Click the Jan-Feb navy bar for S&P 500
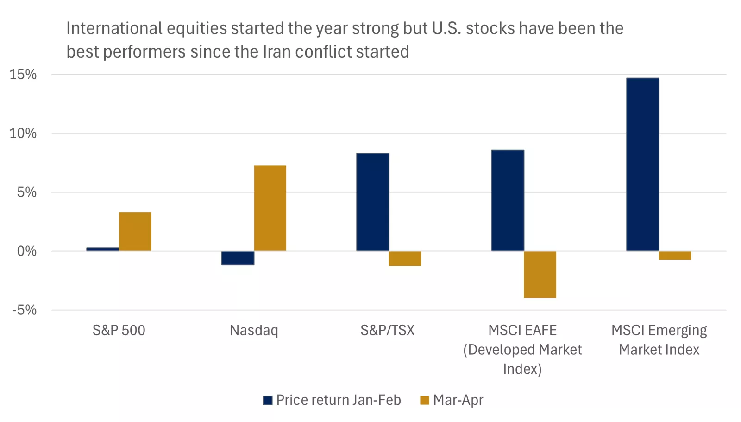point(102,249)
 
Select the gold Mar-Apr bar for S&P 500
point(135,231)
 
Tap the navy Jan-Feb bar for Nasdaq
point(238,258)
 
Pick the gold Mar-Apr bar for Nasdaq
point(270,208)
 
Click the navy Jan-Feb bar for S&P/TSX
point(373,202)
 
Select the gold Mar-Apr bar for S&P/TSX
point(405,258)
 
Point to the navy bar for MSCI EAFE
point(508,200)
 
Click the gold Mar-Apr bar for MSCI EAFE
point(540,274)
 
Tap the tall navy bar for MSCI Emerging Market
point(642,164)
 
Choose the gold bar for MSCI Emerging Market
point(675,256)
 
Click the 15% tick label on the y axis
point(23,75)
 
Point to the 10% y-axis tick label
point(23,134)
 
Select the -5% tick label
point(25,310)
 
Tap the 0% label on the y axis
point(27,251)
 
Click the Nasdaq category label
point(254,330)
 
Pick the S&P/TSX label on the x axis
point(388,330)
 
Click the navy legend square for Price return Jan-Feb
point(268,400)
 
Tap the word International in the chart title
point(114,28)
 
